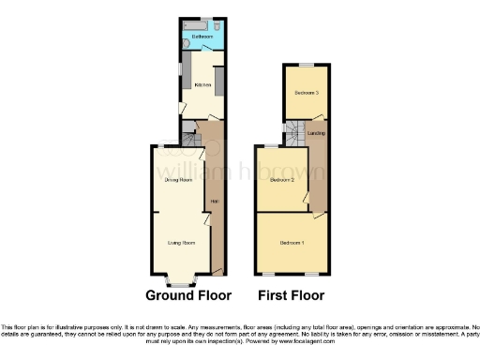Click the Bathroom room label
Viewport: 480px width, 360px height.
(x=202, y=37)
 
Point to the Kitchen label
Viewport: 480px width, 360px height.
(x=202, y=85)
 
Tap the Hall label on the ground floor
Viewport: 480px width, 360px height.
(x=214, y=202)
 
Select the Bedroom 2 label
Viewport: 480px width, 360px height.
(x=282, y=178)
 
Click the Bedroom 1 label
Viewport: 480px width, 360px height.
(x=292, y=243)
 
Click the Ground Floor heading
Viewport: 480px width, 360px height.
(x=188, y=294)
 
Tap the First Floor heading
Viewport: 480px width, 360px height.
(x=292, y=294)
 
